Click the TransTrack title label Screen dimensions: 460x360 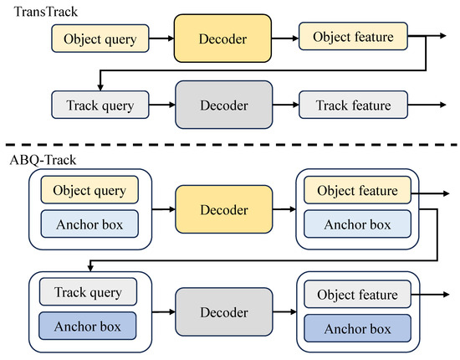(x=46, y=12)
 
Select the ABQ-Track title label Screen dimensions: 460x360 (x=43, y=160)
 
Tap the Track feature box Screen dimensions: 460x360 (x=353, y=105)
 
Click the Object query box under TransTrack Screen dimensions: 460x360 (x=100, y=39)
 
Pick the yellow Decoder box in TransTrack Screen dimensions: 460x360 (x=222, y=39)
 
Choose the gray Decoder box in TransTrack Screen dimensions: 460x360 (x=224, y=105)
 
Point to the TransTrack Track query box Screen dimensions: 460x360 (x=100, y=105)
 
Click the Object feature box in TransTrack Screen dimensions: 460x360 (x=353, y=36)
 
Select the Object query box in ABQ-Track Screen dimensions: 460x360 (x=89, y=190)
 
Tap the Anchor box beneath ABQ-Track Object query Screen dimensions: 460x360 (x=89, y=224)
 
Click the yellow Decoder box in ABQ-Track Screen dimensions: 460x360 (x=224, y=209)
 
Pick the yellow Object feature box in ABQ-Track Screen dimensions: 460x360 (x=357, y=190)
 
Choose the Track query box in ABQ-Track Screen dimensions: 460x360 (x=88, y=291)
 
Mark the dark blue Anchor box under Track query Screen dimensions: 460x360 (x=88, y=326)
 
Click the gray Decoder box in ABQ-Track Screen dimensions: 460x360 (x=224, y=311)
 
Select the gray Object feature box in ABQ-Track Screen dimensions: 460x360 (x=357, y=294)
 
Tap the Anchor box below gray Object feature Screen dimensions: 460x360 (x=357, y=328)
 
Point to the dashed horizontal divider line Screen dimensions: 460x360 (x=231, y=145)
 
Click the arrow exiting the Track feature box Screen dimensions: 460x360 (x=427, y=105)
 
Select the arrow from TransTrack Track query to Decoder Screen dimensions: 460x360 (x=162, y=105)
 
